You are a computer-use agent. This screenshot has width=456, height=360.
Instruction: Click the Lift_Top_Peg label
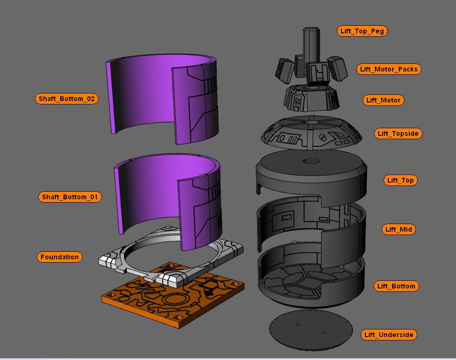(x=362, y=31)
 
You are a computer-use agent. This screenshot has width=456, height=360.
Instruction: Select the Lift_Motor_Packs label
(x=389, y=69)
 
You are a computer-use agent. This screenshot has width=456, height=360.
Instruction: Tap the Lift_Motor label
(x=383, y=100)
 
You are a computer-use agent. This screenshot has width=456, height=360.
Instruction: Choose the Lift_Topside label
(x=398, y=134)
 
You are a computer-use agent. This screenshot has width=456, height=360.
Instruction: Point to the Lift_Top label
(x=400, y=180)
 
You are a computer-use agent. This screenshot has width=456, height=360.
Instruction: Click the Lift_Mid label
(x=399, y=229)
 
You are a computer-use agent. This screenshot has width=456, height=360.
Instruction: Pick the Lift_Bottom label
(x=396, y=286)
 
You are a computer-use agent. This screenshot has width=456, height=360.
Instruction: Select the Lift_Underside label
(x=388, y=335)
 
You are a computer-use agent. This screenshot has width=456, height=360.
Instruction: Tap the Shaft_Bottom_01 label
(x=70, y=197)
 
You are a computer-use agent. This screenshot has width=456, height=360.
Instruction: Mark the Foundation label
(x=59, y=257)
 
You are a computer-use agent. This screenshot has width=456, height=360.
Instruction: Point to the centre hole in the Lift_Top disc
(x=311, y=162)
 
